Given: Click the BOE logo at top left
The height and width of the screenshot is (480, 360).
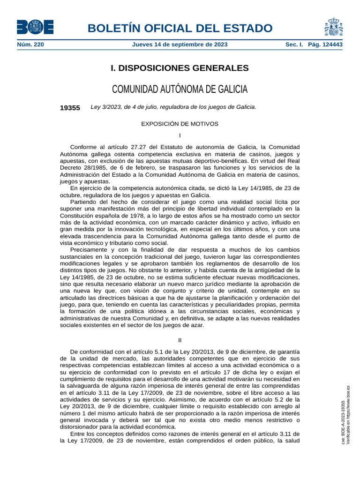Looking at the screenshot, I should pos(35,27).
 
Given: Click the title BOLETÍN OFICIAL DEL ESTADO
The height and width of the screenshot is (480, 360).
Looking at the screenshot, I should pos(180,28).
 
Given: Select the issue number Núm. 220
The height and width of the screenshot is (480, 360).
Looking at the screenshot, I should pos(30,45).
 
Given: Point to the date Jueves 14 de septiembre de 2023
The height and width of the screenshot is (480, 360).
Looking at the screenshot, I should pos(180,45).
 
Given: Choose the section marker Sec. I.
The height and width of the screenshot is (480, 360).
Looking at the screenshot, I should pos(294,45).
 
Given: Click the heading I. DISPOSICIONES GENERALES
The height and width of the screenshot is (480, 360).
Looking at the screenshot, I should pos(180,68).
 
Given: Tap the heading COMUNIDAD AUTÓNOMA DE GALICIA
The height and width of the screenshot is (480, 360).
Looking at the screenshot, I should pos(180,89).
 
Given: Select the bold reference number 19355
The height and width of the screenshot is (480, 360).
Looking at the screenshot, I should pos(70,107).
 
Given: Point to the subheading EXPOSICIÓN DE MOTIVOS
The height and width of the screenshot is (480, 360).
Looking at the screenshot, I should pos(180,124).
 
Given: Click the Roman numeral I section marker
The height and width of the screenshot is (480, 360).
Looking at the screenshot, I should pos(180,135).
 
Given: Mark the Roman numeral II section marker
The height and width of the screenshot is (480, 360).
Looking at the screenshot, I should pos(180,340).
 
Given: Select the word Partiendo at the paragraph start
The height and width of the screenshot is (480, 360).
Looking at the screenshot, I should pos(83,202).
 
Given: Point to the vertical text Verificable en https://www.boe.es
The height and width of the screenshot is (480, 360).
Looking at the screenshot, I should pos(348,415).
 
